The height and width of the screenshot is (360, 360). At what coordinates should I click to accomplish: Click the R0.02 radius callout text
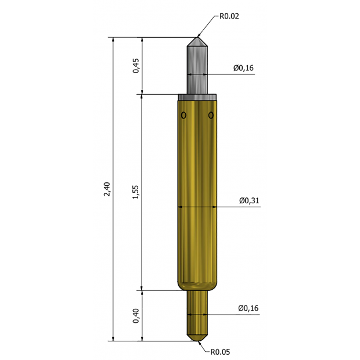coord(229,16)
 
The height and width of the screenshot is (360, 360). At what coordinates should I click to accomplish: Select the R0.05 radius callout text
coord(220,352)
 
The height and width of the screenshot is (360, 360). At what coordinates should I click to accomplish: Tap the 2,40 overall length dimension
coord(107,189)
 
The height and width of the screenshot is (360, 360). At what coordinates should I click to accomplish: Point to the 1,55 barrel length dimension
coord(136,192)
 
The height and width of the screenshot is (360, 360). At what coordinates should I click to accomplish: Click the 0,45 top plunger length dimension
coord(136,66)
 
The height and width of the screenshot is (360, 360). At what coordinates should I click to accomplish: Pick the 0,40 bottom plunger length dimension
coord(136,316)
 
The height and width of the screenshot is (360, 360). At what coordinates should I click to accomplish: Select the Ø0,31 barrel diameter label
coord(249,200)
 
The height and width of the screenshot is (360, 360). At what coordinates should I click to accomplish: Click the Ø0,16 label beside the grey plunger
coord(244,68)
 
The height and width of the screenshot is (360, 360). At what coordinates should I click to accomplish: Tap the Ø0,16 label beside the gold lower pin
coord(248,308)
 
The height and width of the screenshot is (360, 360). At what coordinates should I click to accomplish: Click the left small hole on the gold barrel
coord(183,115)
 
